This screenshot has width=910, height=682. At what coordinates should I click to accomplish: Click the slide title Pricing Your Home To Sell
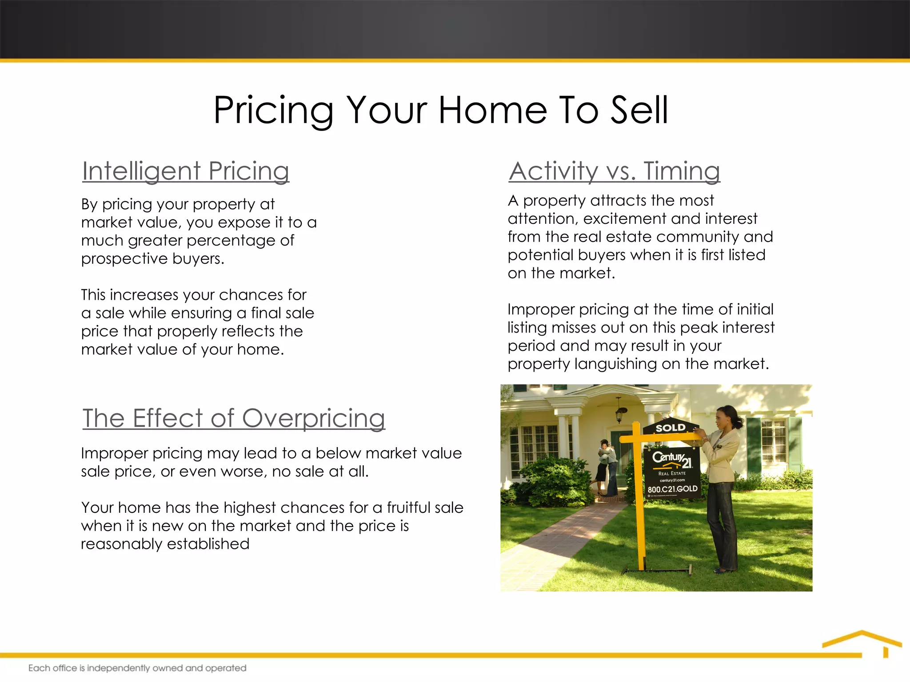pos(441,110)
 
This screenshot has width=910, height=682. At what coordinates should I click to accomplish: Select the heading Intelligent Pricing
pos(186,171)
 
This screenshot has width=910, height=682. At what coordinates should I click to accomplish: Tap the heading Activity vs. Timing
pos(614,171)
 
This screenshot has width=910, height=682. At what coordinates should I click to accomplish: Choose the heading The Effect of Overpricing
pos(234,418)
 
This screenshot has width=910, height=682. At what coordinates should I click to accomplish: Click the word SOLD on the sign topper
pos(671,428)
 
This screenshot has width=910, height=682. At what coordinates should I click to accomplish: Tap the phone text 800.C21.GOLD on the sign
pos(672,489)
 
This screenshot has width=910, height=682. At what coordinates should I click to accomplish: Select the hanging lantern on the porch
pos(619,412)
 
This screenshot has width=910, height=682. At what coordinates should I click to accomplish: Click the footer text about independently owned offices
pos(137,668)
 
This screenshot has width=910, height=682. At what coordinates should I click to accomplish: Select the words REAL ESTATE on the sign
pos(672,473)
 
